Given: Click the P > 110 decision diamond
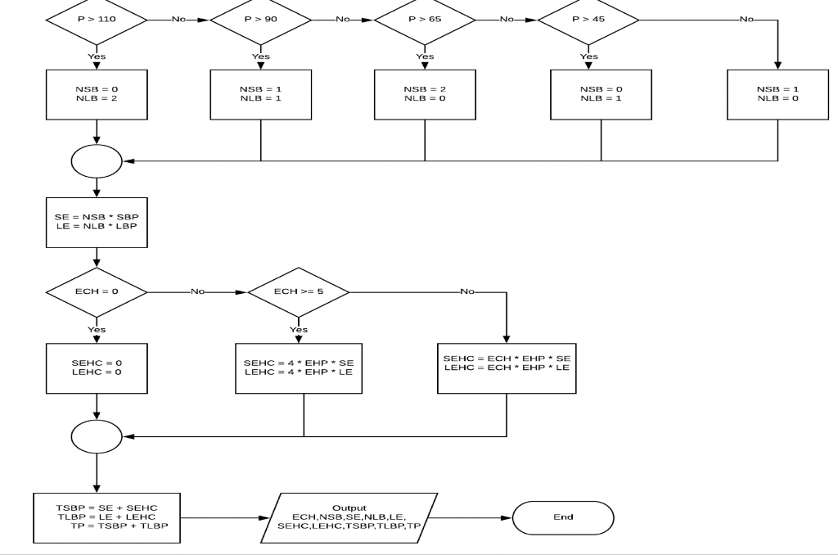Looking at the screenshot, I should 97,17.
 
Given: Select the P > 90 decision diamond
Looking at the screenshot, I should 260,17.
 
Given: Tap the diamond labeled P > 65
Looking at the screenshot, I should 424,17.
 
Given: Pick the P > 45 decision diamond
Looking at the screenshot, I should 588,17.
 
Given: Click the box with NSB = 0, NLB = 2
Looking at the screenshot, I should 97,94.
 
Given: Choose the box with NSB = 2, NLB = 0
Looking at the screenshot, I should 424,94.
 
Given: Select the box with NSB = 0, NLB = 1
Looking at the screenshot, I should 601,94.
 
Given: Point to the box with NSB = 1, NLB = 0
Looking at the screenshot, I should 777,94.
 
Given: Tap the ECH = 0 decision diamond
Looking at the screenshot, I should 97,291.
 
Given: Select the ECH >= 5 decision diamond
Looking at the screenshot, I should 299,291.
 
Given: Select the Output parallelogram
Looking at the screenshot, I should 349,518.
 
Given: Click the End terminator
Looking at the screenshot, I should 563,517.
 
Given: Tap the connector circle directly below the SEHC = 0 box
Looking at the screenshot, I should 97,436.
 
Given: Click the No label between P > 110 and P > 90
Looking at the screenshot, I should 178,17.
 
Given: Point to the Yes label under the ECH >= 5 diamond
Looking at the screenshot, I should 299,329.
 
